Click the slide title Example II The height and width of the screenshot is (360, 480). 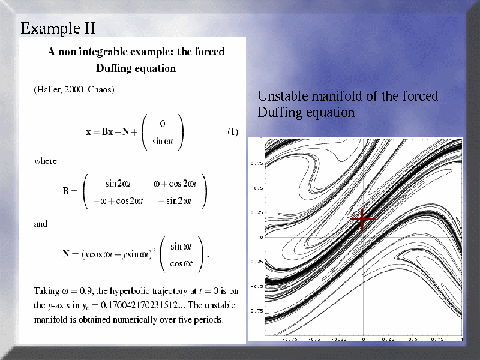click(x=58, y=28)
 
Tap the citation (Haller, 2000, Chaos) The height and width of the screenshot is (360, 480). click(x=74, y=89)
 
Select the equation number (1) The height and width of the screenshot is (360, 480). click(x=233, y=132)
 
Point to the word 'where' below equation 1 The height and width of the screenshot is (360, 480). click(x=46, y=161)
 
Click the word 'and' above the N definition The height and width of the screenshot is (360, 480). click(x=41, y=224)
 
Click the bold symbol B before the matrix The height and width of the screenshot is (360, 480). click(x=66, y=191)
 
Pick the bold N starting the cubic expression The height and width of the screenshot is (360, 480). click(x=66, y=254)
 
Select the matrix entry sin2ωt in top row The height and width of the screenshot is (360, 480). click(x=118, y=184)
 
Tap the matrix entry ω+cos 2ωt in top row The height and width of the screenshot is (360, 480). click(x=175, y=184)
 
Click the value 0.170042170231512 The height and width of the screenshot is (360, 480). click(x=139, y=305)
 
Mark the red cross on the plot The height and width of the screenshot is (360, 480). click(x=362, y=219)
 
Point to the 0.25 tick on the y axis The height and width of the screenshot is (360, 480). click(x=257, y=212)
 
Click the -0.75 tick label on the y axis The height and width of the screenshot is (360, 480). click(x=256, y=311)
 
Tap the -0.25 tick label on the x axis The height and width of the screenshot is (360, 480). click(x=339, y=339)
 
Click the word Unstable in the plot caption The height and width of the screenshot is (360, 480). click(x=283, y=96)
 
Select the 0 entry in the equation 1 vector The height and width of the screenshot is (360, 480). click(x=163, y=124)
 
